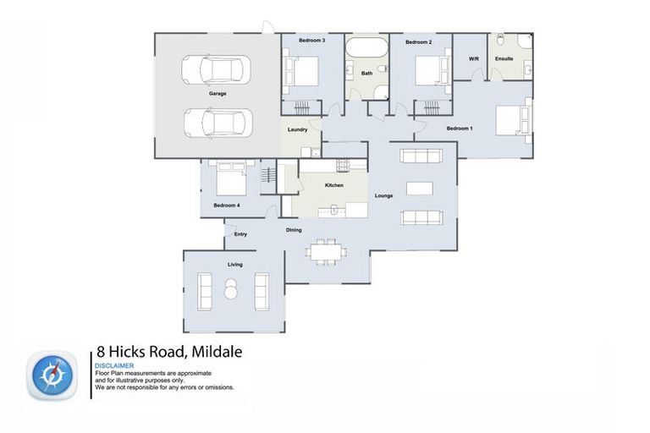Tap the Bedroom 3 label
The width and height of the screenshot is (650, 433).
(x=311, y=41)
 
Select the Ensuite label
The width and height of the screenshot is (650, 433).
(x=504, y=59)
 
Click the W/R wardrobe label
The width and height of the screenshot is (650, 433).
(x=474, y=59)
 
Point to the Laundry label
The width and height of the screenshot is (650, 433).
(x=297, y=129)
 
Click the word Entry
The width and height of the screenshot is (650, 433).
(x=240, y=234)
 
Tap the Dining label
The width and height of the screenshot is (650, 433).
(x=294, y=229)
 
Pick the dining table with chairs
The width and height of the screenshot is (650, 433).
(x=325, y=251)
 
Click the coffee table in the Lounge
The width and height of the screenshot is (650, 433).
(x=420, y=187)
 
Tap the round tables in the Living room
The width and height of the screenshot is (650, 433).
(x=230, y=289)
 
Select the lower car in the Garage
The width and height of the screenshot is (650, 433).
(x=218, y=122)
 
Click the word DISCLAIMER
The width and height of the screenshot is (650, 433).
(x=115, y=365)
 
